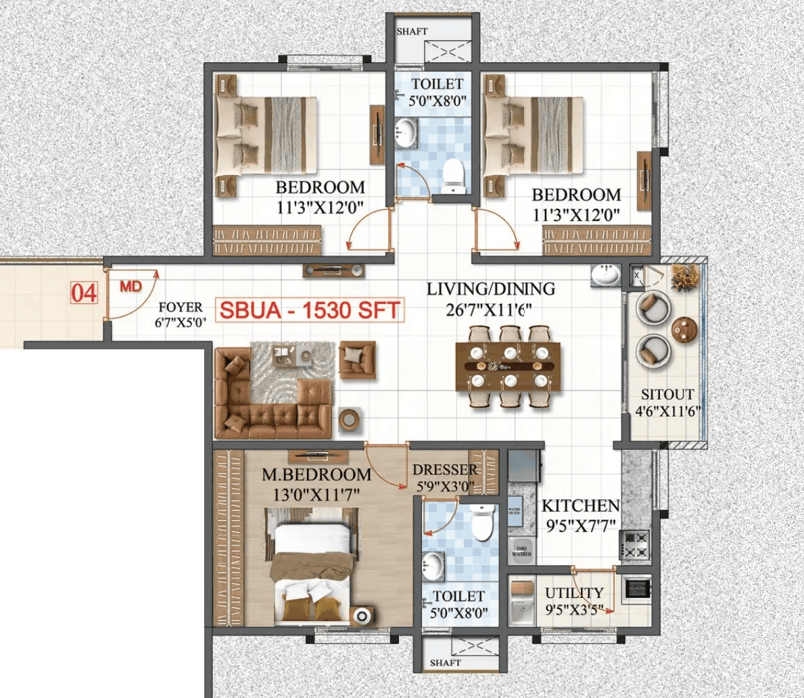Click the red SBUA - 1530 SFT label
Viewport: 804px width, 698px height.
click(310, 311)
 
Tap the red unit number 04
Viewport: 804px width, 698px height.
click(85, 293)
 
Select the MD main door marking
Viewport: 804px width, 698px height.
click(131, 286)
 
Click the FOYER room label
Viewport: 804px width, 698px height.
click(181, 308)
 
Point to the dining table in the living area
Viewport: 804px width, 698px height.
click(508, 366)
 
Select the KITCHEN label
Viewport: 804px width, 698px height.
click(580, 505)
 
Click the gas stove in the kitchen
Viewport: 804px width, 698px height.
click(635, 545)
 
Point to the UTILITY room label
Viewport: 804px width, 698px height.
click(574, 593)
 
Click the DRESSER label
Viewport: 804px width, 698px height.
click(445, 470)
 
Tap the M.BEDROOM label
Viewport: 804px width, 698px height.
click(316, 475)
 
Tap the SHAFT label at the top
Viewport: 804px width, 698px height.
click(412, 31)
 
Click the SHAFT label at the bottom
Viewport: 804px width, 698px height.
click(445, 663)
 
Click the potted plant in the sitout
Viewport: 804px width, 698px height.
click(685, 277)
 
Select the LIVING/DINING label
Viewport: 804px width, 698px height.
click(490, 289)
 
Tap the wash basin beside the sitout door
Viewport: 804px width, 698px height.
click(605, 275)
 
